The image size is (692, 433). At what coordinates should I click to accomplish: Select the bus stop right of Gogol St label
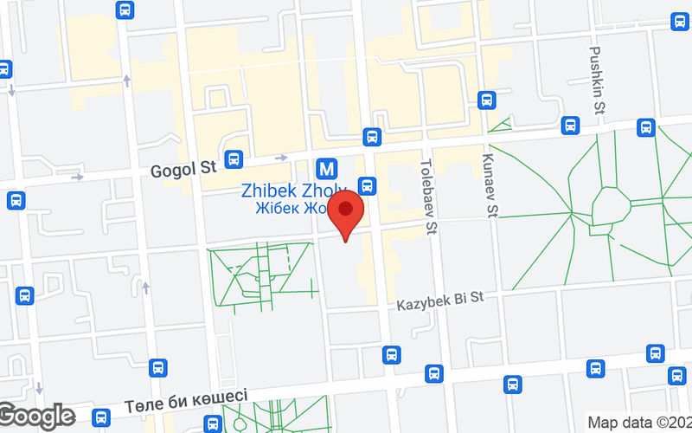click(x=233, y=160)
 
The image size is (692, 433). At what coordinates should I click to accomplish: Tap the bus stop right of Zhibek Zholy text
click(x=367, y=185)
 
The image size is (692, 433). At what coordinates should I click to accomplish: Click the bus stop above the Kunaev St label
click(x=486, y=100)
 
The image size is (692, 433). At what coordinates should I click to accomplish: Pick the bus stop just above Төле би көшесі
click(x=157, y=367)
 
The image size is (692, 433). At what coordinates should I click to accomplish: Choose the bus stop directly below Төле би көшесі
click(x=210, y=423)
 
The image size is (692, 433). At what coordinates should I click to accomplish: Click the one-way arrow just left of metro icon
click(x=281, y=158)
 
